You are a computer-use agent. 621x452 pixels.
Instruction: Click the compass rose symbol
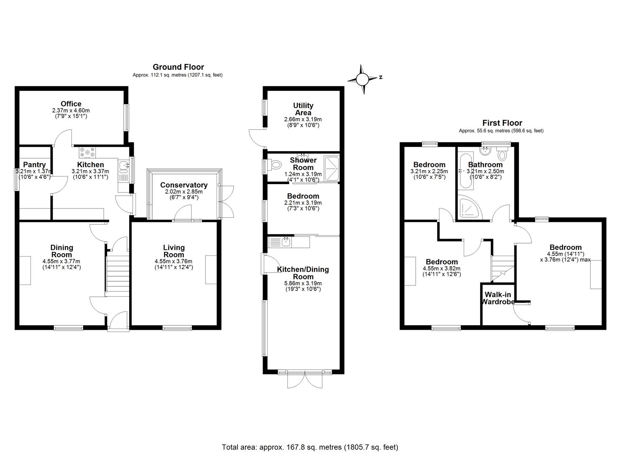pyautogui.click(x=362, y=80)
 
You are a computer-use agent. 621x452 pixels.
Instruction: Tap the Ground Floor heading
pyautogui.click(x=178, y=67)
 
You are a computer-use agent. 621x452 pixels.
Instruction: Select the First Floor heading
pyautogui.click(x=502, y=123)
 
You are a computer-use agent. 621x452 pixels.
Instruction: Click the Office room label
pyautogui.click(x=71, y=104)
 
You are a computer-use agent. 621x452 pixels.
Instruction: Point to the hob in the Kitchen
pyautogui.click(x=87, y=153)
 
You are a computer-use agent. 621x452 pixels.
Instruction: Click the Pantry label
pyautogui.click(x=34, y=164)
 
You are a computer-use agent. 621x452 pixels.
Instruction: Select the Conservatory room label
pyautogui.click(x=184, y=185)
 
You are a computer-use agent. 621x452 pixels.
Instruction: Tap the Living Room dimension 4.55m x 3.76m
pyautogui.click(x=174, y=261)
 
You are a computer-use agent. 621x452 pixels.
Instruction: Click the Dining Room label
pyautogui.click(x=61, y=251)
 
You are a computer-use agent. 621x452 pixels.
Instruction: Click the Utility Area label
pyautogui.click(x=303, y=109)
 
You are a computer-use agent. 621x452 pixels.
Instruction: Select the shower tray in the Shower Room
pyautogui.click(x=331, y=169)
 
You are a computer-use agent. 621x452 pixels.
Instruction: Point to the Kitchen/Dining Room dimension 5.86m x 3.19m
pyautogui.click(x=303, y=283)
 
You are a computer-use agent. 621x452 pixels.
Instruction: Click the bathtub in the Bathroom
pyautogui.click(x=467, y=172)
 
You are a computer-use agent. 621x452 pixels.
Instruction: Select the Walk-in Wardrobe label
pyautogui.click(x=498, y=298)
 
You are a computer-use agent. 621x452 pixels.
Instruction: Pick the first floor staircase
pyautogui.click(x=503, y=268)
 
